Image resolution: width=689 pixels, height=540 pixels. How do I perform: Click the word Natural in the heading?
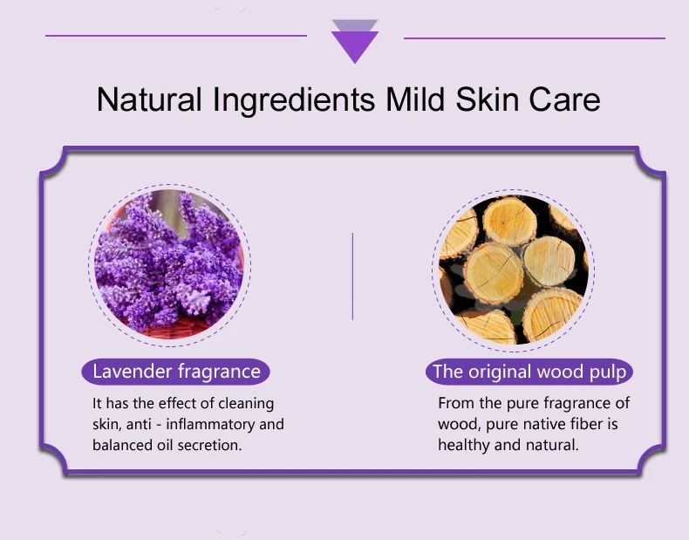click(x=149, y=99)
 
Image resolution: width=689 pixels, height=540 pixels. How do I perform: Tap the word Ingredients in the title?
click(x=294, y=100)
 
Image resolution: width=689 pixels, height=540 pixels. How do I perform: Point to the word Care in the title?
click(x=564, y=99)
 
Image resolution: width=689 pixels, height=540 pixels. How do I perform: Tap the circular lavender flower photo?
click(x=169, y=265)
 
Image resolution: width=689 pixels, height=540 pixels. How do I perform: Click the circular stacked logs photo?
click(x=513, y=270)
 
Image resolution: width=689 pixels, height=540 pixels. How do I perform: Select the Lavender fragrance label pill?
click(x=176, y=372)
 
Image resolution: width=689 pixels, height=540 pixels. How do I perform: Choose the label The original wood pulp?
click(x=529, y=372)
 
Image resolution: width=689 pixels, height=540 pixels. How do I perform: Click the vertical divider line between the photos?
click(x=352, y=277)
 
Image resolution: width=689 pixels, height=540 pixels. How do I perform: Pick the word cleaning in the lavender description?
click(x=246, y=404)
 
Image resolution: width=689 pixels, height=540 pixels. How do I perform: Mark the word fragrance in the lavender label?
click(x=219, y=373)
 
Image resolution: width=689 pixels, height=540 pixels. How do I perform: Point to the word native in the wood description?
click(x=544, y=424)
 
